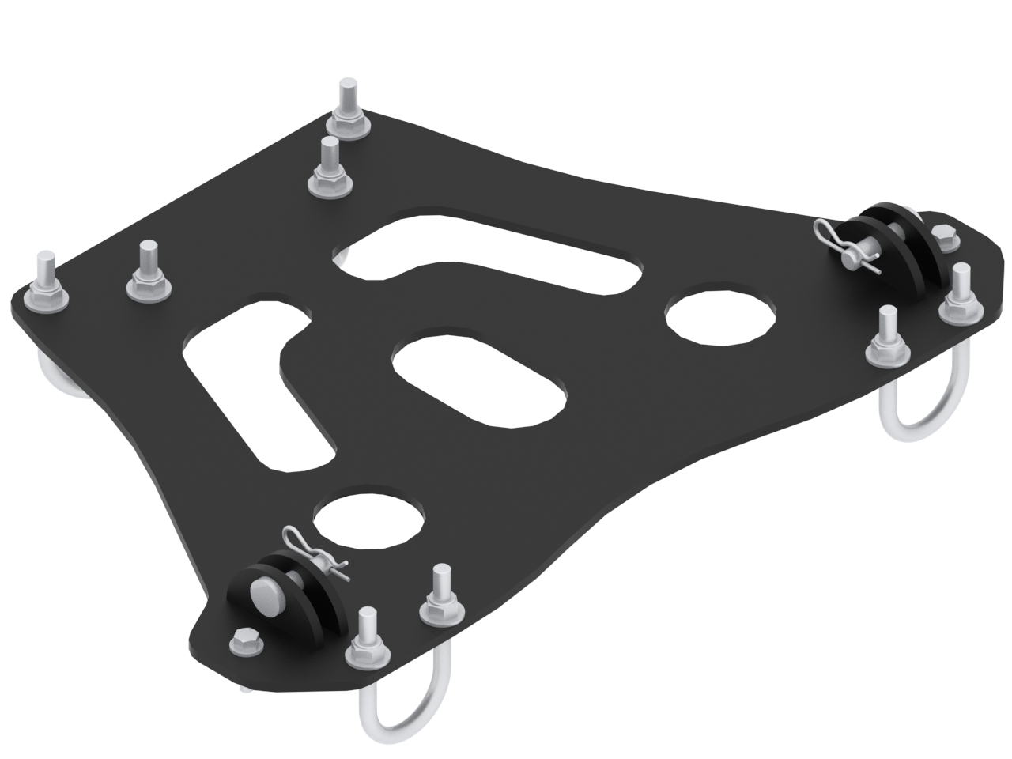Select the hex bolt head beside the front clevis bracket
tap(246, 641)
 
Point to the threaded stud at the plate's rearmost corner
tap(348, 98)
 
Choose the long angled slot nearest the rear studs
tap(490, 253)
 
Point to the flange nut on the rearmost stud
tap(348, 125)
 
